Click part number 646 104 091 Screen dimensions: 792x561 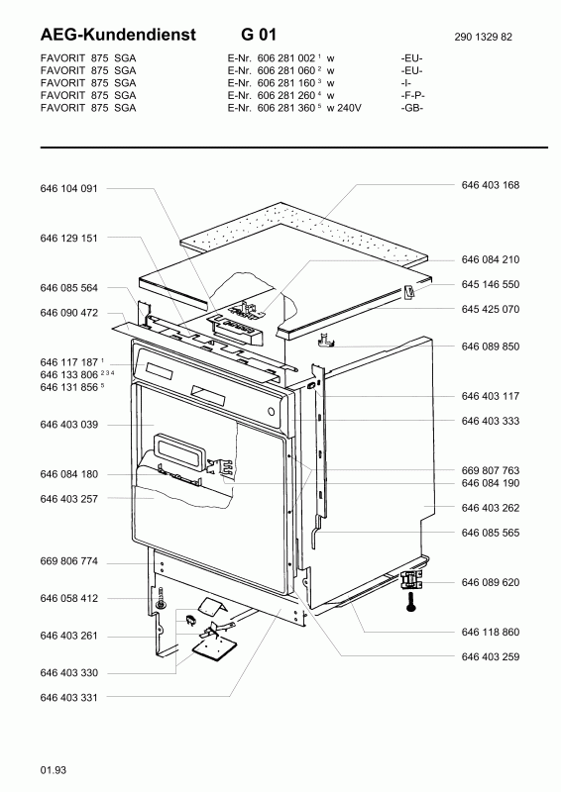coord(69,187)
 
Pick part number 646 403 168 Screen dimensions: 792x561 coord(490,185)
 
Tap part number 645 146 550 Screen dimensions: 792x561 coord(490,283)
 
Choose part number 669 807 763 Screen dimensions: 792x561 coord(490,469)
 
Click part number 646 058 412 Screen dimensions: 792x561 coord(69,598)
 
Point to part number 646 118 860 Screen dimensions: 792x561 coord(490,631)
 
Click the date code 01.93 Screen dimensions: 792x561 coord(54,769)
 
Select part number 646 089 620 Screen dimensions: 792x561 coord(490,582)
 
